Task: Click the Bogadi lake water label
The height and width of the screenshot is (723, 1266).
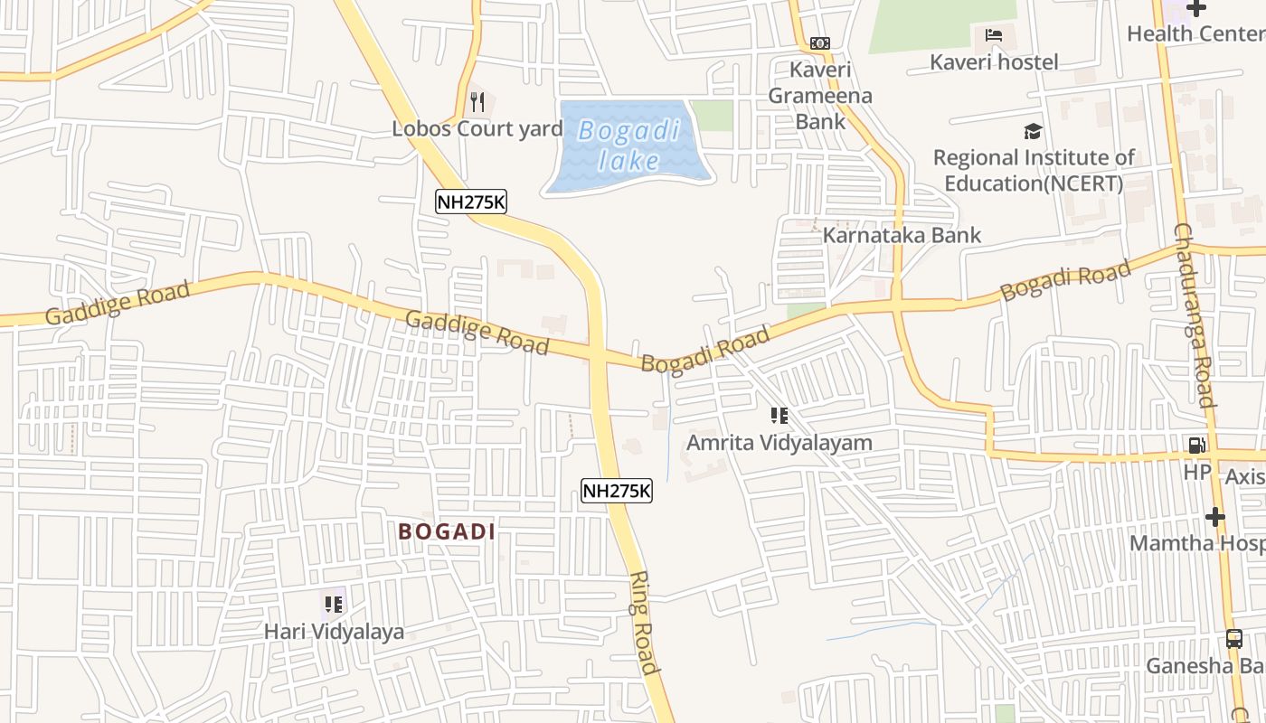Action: pyautogui.click(x=629, y=146)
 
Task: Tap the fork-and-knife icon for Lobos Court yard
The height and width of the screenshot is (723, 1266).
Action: pyautogui.click(x=477, y=102)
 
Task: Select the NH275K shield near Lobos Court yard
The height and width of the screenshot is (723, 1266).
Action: pyautogui.click(x=470, y=202)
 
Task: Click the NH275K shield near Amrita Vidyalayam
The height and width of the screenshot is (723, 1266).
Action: pyautogui.click(x=616, y=491)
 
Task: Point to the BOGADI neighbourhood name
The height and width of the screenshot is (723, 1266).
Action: pyautogui.click(x=447, y=531)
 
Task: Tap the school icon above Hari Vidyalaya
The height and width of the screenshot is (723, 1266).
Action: pyautogui.click(x=334, y=604)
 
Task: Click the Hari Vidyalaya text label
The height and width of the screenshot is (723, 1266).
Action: pyautogui.click(x=334, y=631)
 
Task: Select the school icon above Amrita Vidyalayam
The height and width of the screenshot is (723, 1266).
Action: pyautogui.click(x=779, y=416)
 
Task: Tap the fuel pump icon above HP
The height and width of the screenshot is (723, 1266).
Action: pyautogui.click(x=1196, y=445)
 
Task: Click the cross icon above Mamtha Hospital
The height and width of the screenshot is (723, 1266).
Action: pyautogui.click(x=1214, y=517)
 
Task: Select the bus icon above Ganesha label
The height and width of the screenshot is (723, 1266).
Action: pyautogui.click(x=1234, y=639)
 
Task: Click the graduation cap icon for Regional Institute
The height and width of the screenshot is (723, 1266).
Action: pyautogui.click(x=1033, y=132)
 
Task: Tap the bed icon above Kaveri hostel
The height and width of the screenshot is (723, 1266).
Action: pyautogui.click(x=994, y=36)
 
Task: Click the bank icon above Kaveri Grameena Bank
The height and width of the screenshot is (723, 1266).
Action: pyautogui.click(x=819, y=42)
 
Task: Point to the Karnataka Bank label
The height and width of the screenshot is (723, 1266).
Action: pyautogui.click(x=902, y=235)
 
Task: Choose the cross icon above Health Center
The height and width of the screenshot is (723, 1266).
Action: pyautogui.click(x=1196, y=9)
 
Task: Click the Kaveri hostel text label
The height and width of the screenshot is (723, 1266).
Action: pyautogui.click(x=994, y=61)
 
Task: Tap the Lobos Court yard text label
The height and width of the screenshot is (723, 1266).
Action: pyautogui.click(x=477, y=128)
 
